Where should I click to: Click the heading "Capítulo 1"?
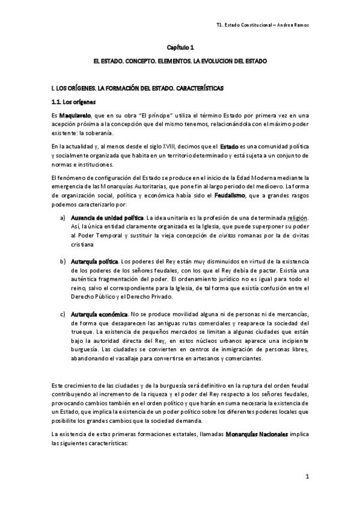pos(180,47)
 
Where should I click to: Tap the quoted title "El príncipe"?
pos(142,114)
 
